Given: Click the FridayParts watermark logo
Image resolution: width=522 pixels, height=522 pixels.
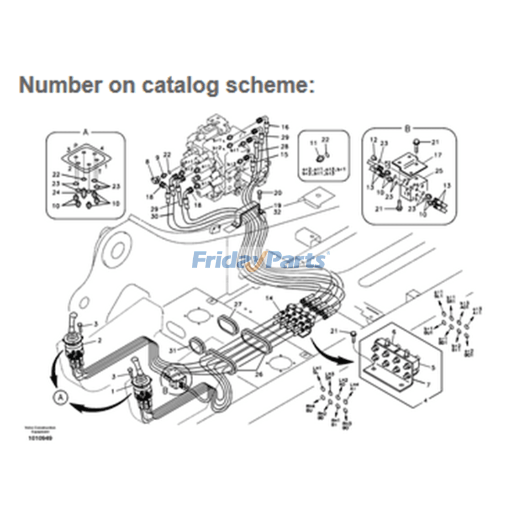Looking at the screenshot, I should (x=260, y=261).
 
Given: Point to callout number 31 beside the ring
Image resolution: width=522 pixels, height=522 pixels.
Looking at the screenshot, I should (x=173, y=351).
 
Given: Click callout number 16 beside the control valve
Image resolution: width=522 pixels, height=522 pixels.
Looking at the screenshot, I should (x=285, y=127).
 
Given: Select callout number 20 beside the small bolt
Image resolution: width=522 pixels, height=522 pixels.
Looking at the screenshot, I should (x=277, y=192).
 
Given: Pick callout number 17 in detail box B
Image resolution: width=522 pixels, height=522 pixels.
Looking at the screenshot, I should (x=438, y=155).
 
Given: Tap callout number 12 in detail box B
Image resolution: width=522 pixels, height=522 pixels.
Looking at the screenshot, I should (x=373, y=140).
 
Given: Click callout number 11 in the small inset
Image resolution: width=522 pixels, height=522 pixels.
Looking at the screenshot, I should (x=312, y=143).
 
